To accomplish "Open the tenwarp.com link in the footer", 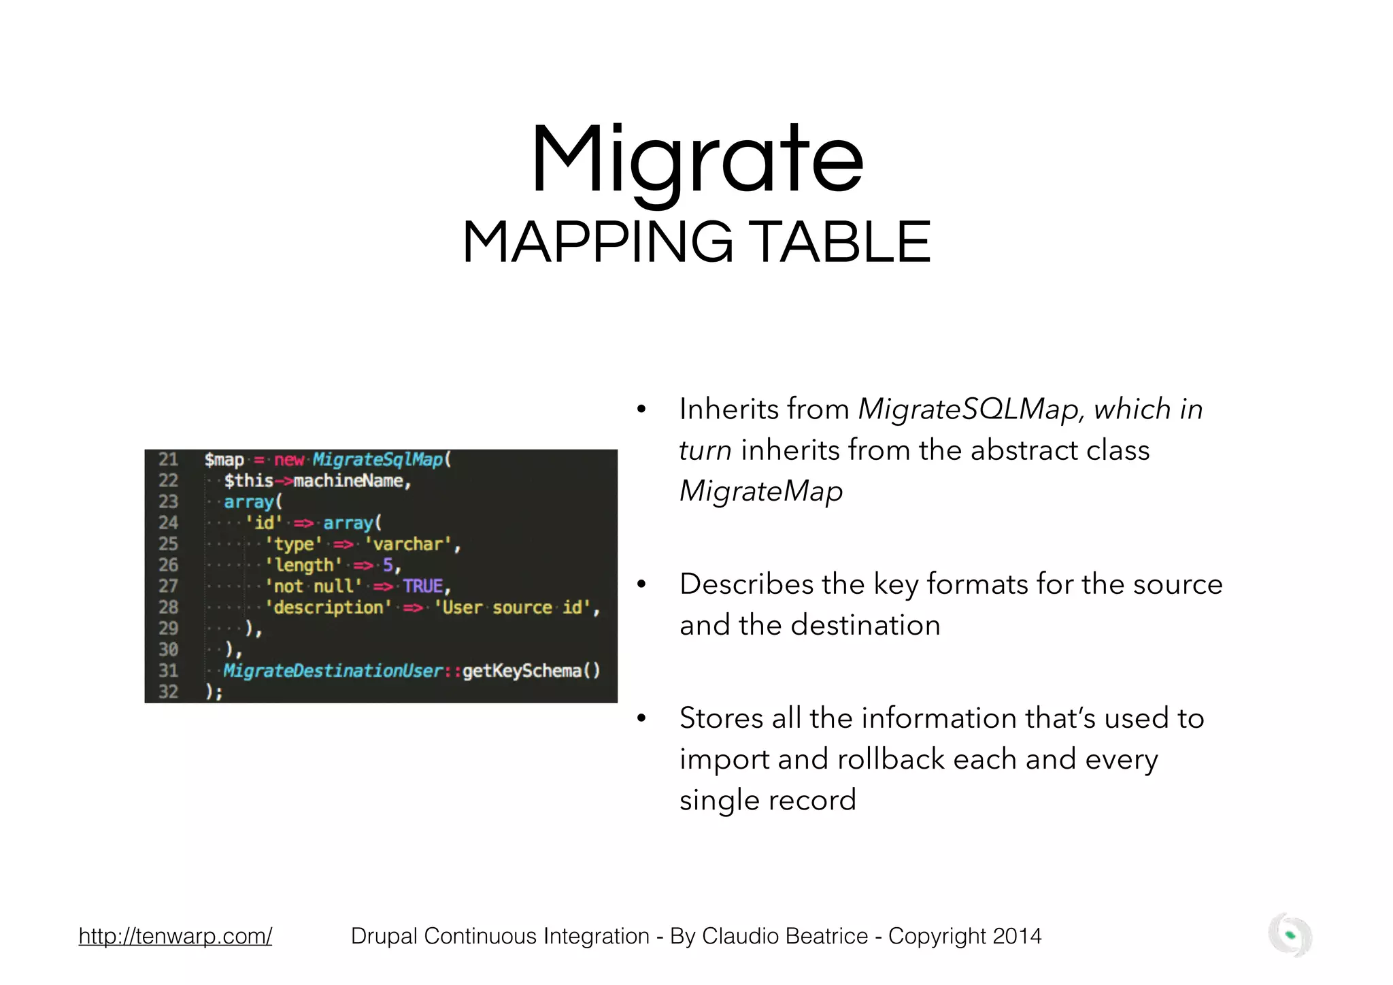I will tap(175, 936).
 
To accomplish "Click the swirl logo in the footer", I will tap(1290, 935).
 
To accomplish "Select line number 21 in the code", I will tap(168, 460).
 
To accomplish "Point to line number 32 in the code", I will tap(168, 692).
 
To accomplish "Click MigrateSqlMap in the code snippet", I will tap(377, 460).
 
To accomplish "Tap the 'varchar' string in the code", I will tap(408, 544).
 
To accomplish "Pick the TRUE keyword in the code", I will tap(422, 586).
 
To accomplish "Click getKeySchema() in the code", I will tap(531, 671).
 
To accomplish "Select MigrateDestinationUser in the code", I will tap(333, 671).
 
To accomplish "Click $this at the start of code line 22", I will tap(248, 481).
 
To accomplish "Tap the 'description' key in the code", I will tap(329, 607).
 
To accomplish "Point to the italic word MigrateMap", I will tap(761, 491).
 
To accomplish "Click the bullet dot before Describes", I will tap(641, 585).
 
